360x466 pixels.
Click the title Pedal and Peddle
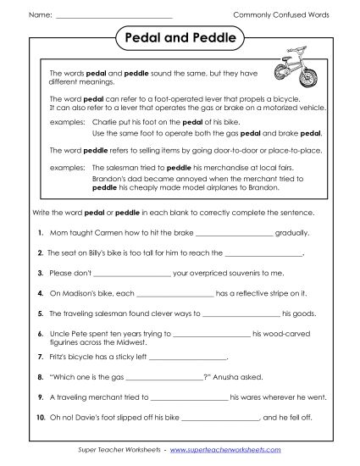click(180, 40)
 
